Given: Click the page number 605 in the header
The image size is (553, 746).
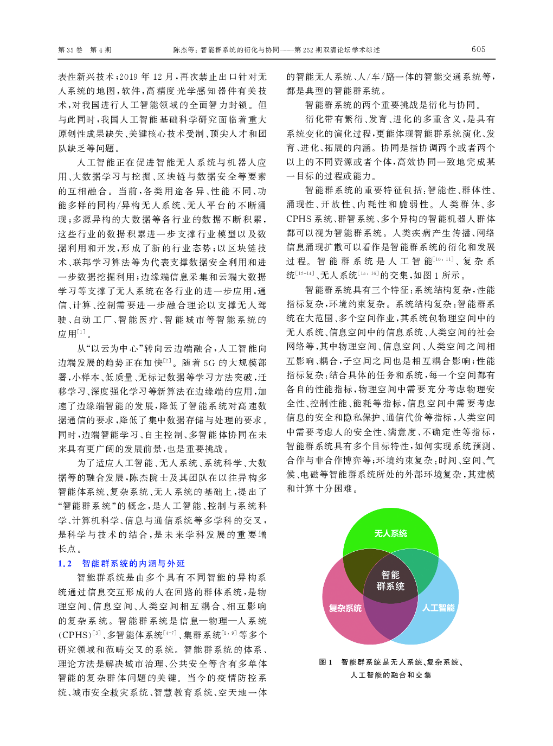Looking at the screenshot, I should (478, 49).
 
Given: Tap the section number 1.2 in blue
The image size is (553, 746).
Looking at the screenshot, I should (65, 564).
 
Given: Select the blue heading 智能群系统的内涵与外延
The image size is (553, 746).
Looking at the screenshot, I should (133, 564).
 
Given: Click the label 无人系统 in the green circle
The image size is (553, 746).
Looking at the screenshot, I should (390, 533).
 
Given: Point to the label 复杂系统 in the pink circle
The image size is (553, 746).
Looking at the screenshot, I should (345, 608).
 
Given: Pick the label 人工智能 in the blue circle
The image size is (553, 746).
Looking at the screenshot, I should (438, 608).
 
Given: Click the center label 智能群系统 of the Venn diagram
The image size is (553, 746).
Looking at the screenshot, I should (390, 581).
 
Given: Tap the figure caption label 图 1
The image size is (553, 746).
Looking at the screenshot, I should (326, 662).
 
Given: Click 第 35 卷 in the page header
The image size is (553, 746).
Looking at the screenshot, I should (70, 50).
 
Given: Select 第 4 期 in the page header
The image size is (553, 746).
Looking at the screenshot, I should (100, 50).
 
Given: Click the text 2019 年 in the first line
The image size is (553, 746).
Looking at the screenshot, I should (134, 77).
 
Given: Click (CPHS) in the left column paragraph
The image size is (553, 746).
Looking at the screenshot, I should (74, 635).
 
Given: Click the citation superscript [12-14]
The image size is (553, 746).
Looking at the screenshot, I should (305, 273).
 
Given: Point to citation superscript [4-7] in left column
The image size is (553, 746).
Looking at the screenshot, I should (170, 633).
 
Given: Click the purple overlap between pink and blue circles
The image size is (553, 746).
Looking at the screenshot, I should (390, 624).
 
